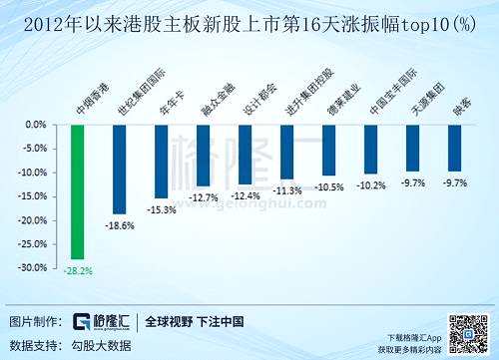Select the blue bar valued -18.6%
coord(119,170)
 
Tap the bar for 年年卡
coord(161,162)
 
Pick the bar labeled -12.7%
coord(203,156)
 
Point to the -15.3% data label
coord(161,209)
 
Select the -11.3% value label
coord(287,189)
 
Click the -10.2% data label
coord(371,184)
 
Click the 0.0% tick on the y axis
coord(36,126)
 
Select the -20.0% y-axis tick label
coord(33,220)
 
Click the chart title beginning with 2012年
coord(249,19)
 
